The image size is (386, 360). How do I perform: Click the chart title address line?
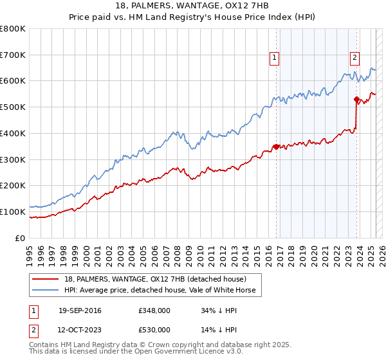pos(192,6)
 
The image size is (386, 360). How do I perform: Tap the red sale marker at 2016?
pos(277,147)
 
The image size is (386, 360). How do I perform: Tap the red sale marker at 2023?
pos(356,99)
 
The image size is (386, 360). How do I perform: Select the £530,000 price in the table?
pos(154,330)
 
